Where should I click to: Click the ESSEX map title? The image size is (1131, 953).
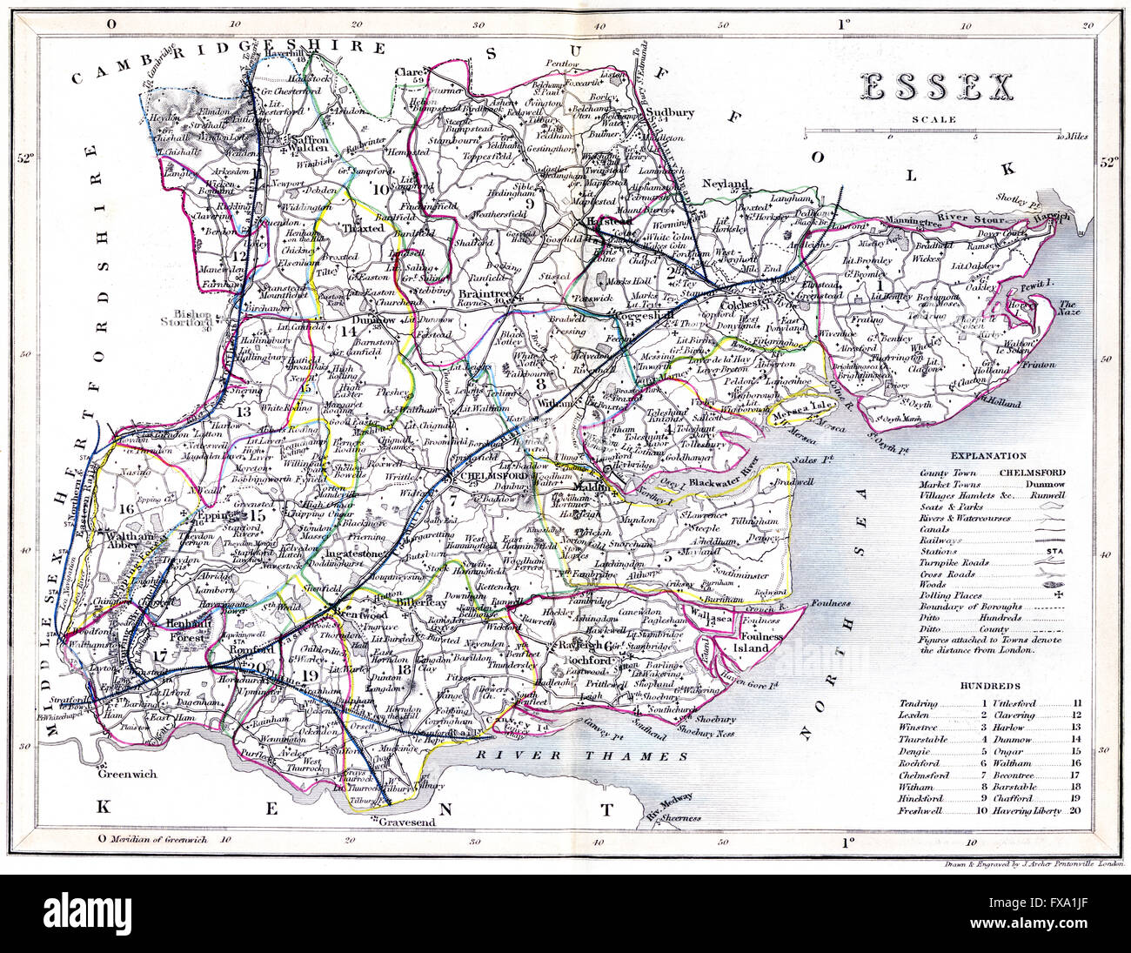click(x=937, y=87)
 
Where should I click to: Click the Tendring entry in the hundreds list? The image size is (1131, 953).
click(x=919, y=703)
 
